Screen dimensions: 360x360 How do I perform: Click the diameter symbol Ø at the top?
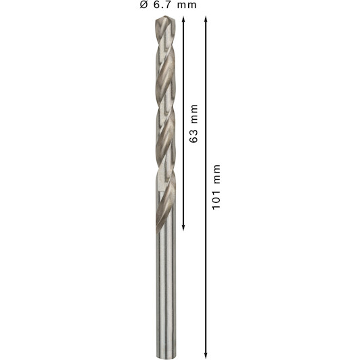coord(143,5)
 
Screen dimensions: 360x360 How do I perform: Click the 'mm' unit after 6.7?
coord(187,5)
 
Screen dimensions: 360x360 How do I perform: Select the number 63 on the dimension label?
coord(194,136)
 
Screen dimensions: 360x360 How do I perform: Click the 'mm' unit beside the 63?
coord(194,114)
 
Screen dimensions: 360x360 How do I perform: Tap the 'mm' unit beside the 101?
coord(217,174)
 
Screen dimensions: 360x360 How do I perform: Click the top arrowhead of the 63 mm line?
coord(183,19)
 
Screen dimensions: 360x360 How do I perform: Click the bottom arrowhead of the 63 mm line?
coord(183,227)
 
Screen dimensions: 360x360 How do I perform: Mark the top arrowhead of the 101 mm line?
coord(206,19)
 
